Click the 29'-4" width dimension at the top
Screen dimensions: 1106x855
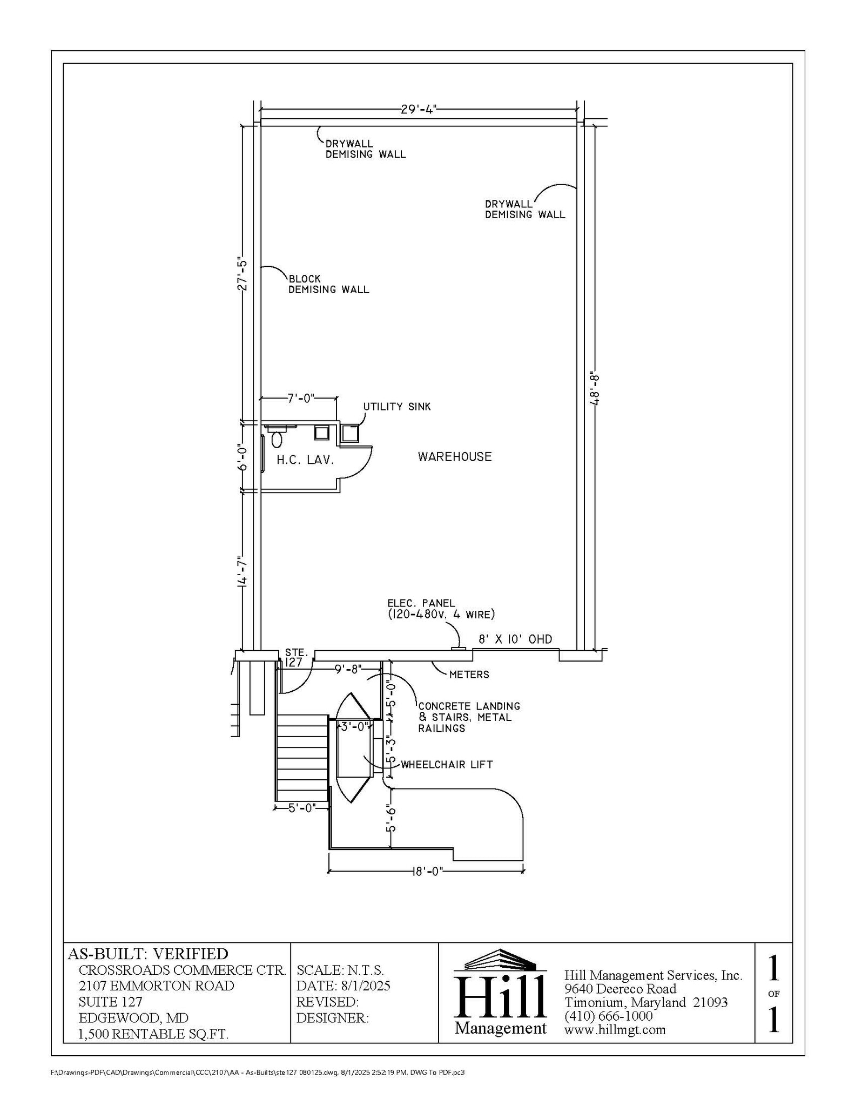point(418,110)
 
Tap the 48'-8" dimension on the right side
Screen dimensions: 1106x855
point(594,387)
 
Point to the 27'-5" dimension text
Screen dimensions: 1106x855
point(243,275)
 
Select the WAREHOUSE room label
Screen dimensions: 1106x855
point(455,457)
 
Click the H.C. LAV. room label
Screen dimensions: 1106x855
point(305,460)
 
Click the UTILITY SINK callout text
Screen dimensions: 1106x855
point(397,407)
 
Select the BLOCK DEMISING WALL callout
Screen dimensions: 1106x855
point(328,284)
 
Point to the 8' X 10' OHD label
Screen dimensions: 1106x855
point(515,639)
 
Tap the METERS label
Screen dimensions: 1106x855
point(469,675)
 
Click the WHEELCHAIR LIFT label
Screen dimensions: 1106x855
point(446,764)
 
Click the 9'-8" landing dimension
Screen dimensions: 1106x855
point(348,669)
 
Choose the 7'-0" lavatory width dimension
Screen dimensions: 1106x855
point(300,399)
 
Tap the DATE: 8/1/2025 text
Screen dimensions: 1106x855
point(343,986)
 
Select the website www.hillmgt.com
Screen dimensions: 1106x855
point(615,1029)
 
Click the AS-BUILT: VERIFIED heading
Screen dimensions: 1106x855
point(148,953)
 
